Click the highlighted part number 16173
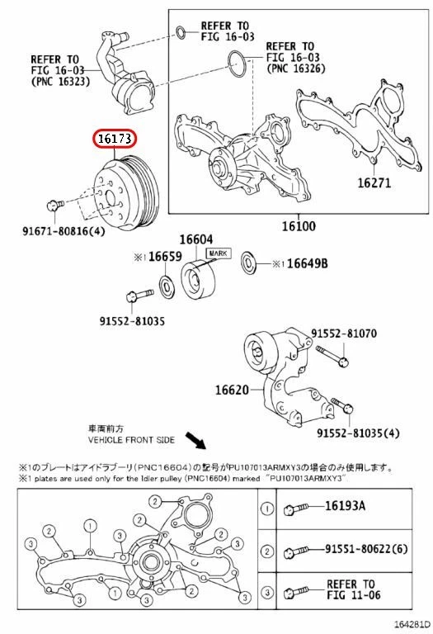[115, 141]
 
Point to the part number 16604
[196, 239]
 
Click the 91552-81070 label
[344, 334]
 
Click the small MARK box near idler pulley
[218, 253]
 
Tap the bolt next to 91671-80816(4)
[54, 206]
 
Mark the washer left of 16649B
[248, 264]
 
